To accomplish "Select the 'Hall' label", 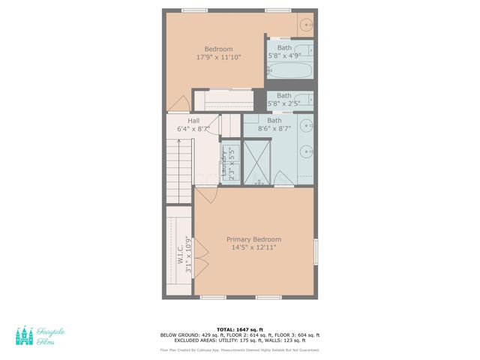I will [x=193, y=121].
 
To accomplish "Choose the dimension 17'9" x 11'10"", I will [x=218, y=57].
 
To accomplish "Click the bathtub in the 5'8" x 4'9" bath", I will [x=289, y=71].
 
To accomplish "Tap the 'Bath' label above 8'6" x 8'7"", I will [x=274, y=121].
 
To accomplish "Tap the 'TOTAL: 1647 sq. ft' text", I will [x=239, y=329].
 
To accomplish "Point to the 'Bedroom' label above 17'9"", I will [x=218, y=49].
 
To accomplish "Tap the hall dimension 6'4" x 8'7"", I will [x=193, y=129].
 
